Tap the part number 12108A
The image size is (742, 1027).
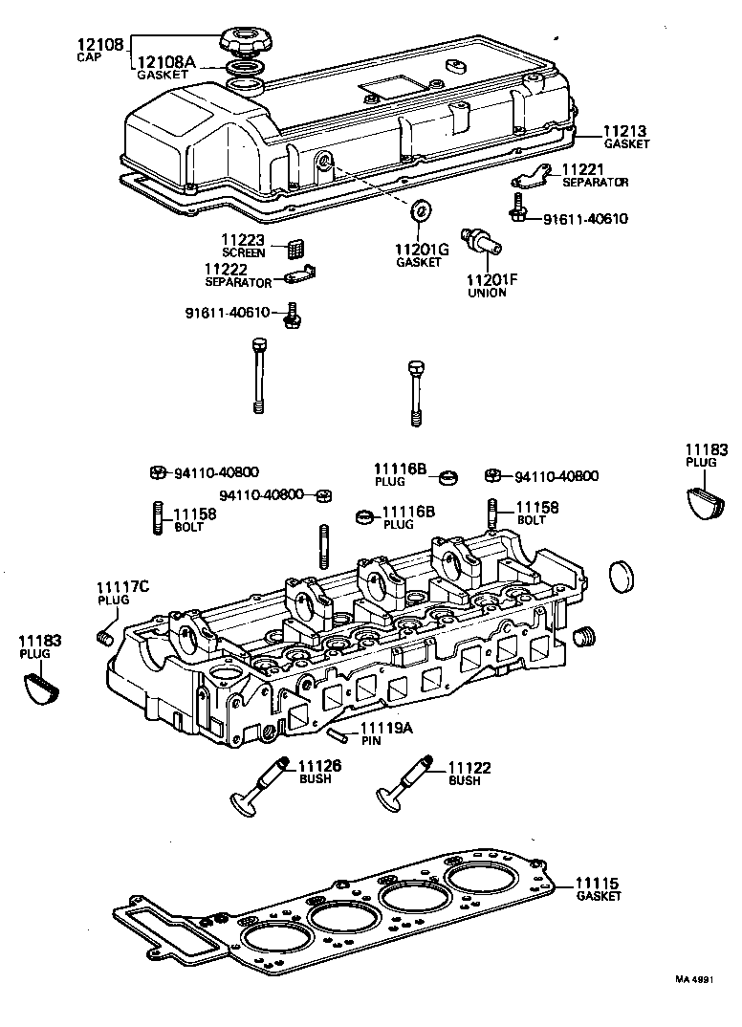pos(165,62)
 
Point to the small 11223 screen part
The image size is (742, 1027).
pos(295,248)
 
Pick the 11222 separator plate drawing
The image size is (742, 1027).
pos(301,278)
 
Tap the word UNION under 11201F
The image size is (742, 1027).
pos(487,293)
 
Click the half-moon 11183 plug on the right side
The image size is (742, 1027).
pos(707,500)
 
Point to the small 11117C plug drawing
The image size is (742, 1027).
pos(106,638)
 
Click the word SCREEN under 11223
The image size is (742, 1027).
pos(243,252)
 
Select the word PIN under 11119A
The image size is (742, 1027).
pos(372,741)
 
